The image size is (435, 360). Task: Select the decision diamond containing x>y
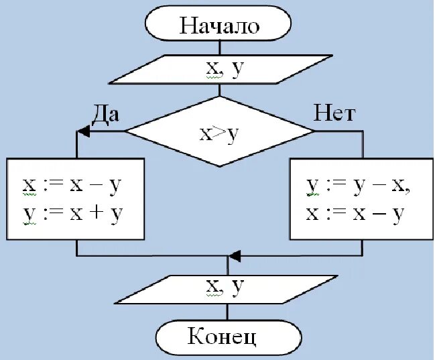pos(219,131)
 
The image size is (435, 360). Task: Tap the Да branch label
pos(105,113)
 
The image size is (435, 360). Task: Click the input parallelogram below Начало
pos(219,70)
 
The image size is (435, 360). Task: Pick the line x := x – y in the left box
pos(75,185)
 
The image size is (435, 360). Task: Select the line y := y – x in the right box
pos(358,185)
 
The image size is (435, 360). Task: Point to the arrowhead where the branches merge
pos(234,256)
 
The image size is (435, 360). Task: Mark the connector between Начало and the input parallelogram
pos(219,48)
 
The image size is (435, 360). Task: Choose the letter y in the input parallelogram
pos(236,71)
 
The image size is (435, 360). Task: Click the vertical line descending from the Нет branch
pos(363,144)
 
